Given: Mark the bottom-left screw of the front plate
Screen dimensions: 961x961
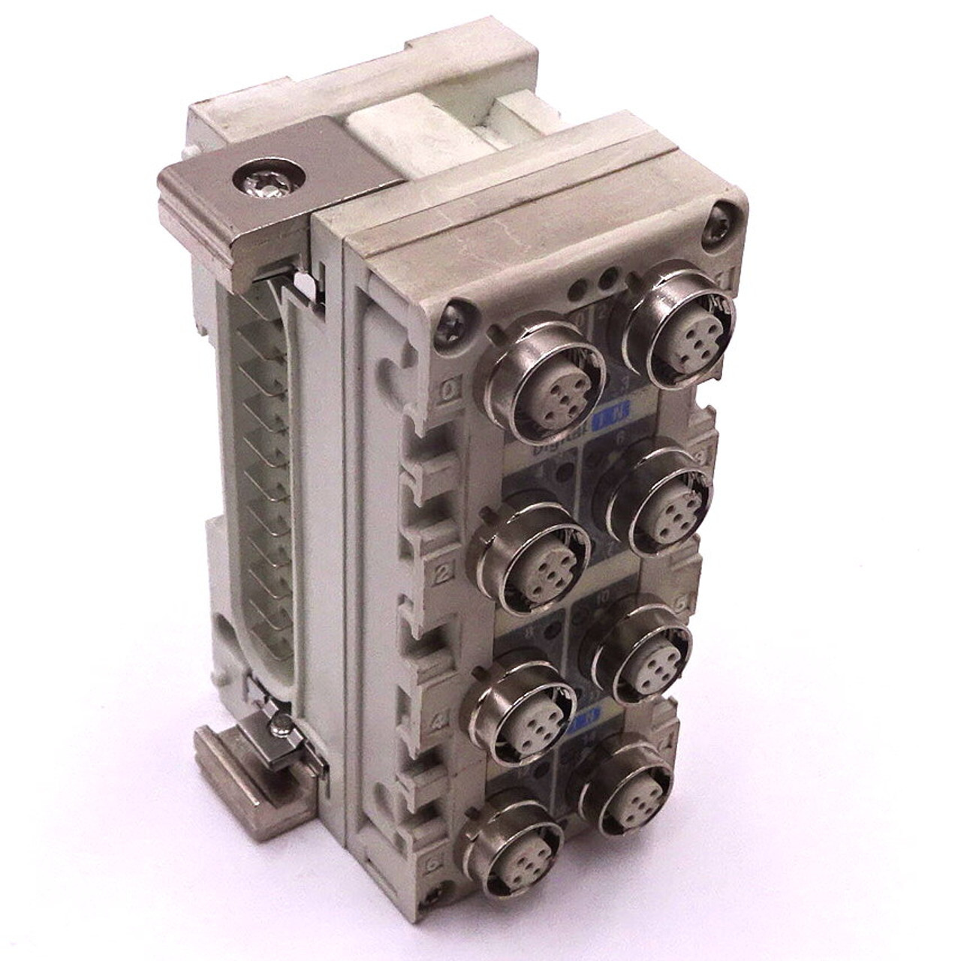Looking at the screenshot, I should click(x=435, y=896).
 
